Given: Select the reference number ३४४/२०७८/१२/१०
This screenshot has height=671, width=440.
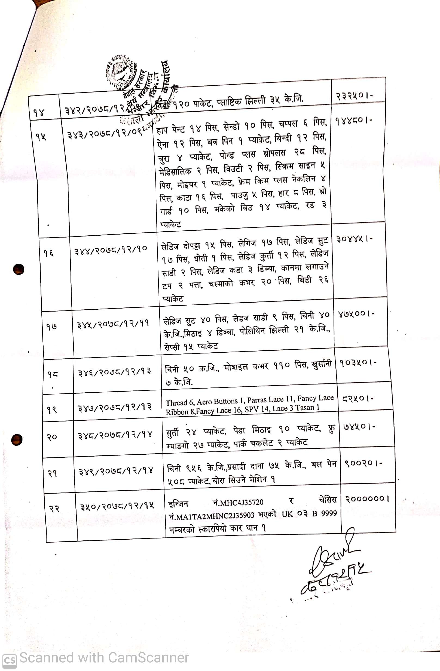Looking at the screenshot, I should [x=111, y=250].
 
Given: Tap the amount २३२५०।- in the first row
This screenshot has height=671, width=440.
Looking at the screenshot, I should [x=354, y=96].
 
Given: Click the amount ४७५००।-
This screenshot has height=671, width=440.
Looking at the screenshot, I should [x=356, y=314].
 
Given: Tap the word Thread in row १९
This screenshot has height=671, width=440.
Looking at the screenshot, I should [x=176, y=403].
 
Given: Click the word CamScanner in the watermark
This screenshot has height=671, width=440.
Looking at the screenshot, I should [x=148, y=658].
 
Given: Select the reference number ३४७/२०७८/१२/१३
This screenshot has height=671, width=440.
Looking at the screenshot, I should [x=115, y=407].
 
